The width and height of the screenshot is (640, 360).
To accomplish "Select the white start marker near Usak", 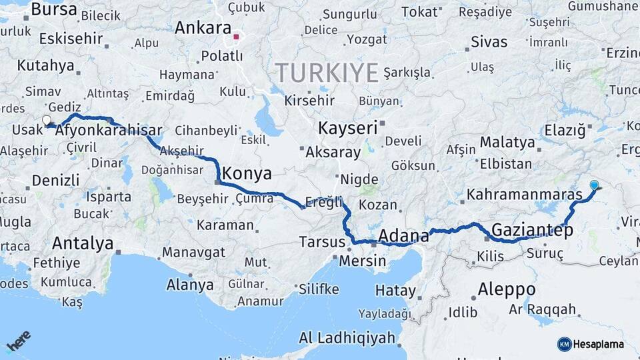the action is point(47,121).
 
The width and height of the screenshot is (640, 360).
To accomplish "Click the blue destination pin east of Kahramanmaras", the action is point(594,185).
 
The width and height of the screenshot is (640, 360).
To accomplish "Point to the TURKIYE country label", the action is point(327,72).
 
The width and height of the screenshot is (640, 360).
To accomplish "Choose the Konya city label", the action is point(247,174).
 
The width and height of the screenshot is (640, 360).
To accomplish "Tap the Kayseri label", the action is point(347,127).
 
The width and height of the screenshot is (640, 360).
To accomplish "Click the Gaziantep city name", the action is point(532,231).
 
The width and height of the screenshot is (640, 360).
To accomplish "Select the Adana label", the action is point(403,236).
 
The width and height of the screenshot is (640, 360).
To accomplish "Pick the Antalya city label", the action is point(83,243).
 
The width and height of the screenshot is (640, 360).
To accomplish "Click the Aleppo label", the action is point(507,289).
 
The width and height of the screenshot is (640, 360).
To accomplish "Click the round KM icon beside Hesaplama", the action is point(564,344).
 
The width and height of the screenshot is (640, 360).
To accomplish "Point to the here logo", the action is point(19,342).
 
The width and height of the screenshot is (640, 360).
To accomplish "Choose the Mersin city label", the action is point(362,261).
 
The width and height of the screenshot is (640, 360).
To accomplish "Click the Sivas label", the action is point(489,42).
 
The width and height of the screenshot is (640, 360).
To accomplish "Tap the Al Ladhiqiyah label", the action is point(347,338).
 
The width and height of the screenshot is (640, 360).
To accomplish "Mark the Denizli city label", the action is point(55,180).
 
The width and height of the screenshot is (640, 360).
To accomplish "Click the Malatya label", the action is point(507,142).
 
